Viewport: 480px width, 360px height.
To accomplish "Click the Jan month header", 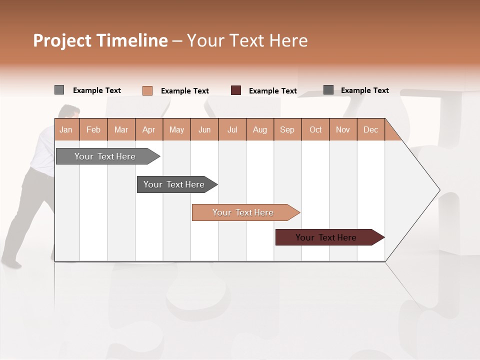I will tap(66, 129).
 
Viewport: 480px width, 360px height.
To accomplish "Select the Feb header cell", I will tap(93, 129).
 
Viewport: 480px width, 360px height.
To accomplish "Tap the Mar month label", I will tap(121, 129).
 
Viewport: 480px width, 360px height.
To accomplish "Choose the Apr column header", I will tap(149, 129).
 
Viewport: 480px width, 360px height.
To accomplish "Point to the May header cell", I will tap(176, 129).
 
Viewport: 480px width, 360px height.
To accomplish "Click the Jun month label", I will tap(204, 129).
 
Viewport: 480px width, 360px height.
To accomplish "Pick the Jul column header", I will tap(232, 129).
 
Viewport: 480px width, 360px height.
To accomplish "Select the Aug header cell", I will tap(260, 129).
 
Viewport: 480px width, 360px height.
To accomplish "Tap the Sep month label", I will tap(287, 129).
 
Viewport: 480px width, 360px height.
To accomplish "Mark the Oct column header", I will tap(315, 129).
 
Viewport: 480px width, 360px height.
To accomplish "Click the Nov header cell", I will tap(343, 129).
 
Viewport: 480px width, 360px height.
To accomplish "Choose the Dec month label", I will tap(371, 129).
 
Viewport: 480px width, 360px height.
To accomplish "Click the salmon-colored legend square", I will tap(147, 90).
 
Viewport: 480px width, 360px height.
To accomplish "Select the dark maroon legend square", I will tap(236, 90).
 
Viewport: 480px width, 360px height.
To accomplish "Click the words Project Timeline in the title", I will tap(100, 40).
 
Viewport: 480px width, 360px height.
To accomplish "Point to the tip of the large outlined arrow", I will tap(439, 190).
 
